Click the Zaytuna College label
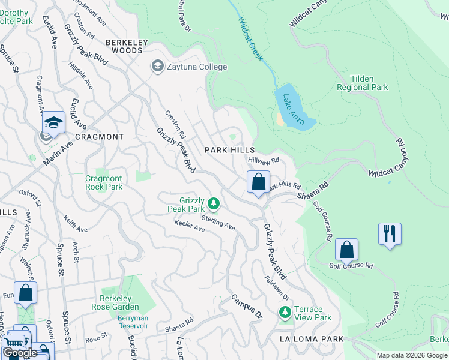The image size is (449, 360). point(197,67)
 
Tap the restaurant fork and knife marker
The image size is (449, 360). point(390,233)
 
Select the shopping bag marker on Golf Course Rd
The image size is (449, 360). point(346,249)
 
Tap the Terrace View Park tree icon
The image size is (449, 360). point(285,313)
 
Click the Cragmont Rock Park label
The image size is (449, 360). point(104,182)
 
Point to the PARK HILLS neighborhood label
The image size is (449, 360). point(229,150)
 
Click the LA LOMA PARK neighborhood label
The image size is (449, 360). point(312,339)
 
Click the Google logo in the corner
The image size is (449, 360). point(20,353)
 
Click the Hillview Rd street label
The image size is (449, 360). point(264,160)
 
